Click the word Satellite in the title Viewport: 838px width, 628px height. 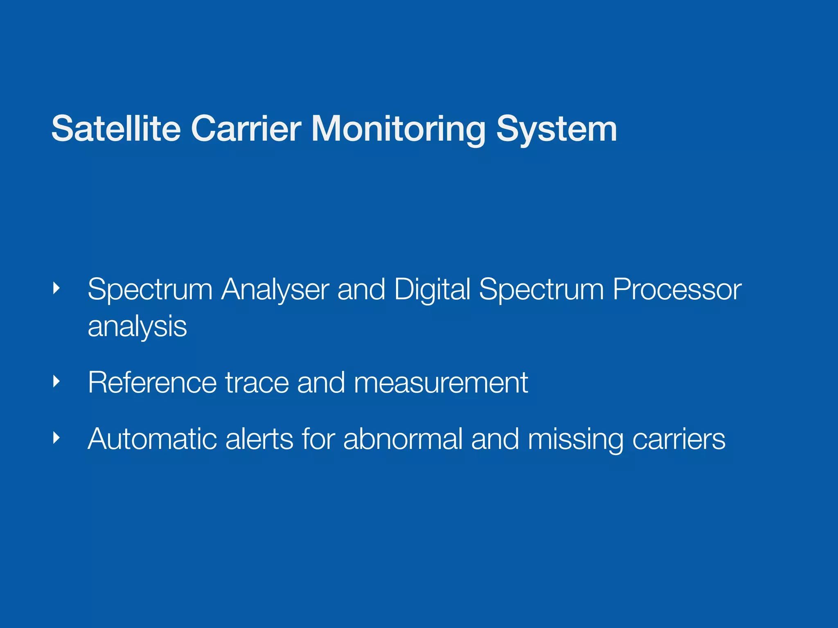coord(116,129)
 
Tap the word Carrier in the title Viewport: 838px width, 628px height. coord(246,129)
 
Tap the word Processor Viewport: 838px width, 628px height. coord(677,289)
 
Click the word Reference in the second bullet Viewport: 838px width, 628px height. coord(152,383)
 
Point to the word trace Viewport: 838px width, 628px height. coord(257,383)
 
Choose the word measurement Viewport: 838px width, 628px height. coord(441,383)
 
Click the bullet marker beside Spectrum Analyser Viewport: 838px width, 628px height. coord(57,289)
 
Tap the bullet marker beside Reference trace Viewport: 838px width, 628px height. coord(57,382)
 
